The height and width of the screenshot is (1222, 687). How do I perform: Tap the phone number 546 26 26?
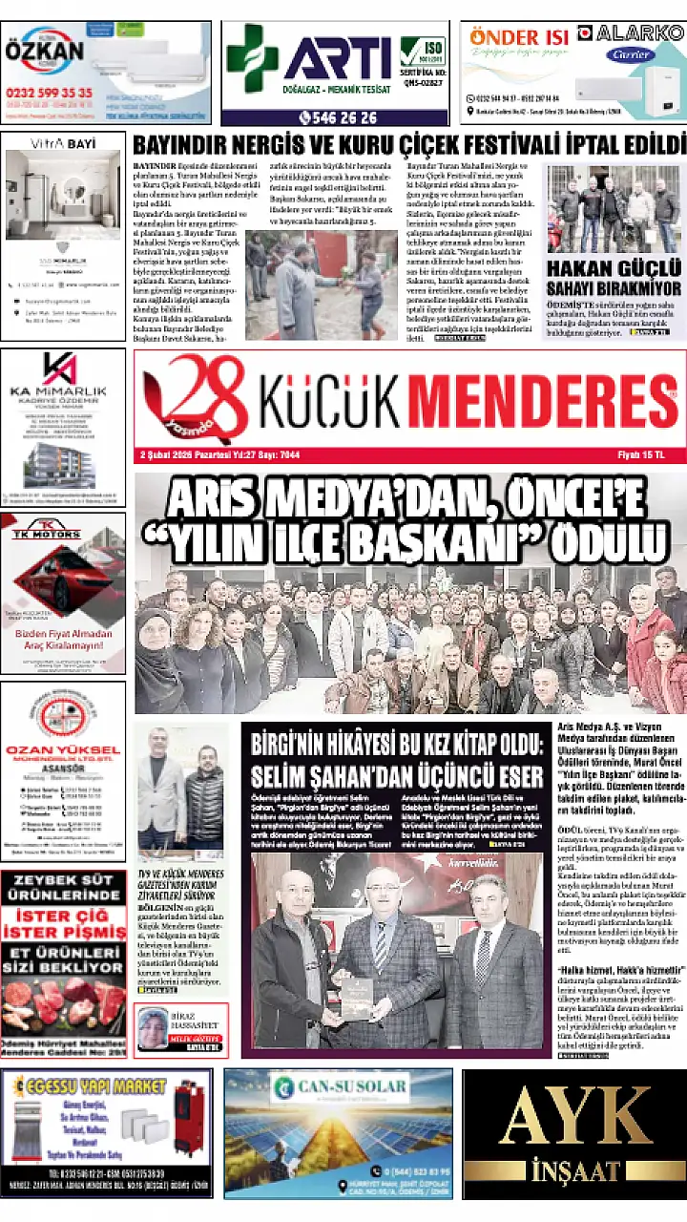[338, 118]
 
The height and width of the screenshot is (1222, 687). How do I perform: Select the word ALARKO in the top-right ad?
[639, 33]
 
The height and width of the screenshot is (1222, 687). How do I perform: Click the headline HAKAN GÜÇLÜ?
[612, 269]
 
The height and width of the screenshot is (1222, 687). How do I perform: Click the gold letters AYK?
[573, 1119]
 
